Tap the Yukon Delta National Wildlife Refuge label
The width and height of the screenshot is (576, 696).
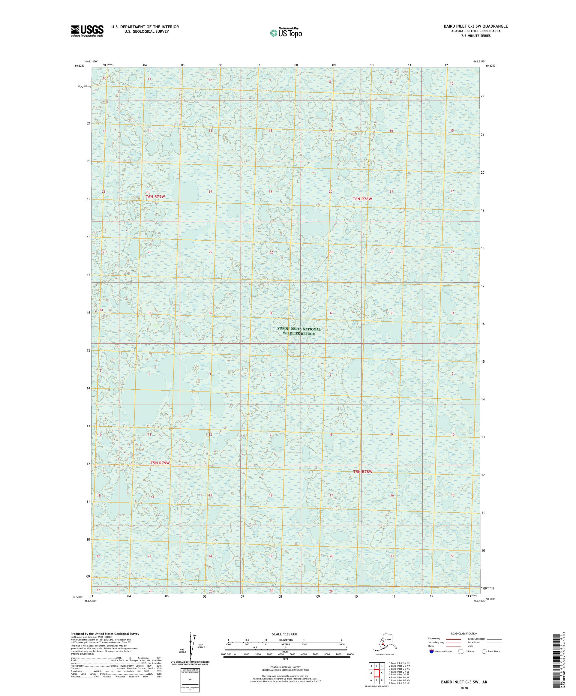point(298,331)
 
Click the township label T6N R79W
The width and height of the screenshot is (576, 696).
point(155,196)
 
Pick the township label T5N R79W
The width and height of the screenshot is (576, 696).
point(160,463)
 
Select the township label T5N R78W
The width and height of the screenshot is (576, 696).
point(363,471)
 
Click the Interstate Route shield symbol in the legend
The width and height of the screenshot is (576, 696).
point(431,651)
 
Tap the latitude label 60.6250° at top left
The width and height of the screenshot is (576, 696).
point(80,66)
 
